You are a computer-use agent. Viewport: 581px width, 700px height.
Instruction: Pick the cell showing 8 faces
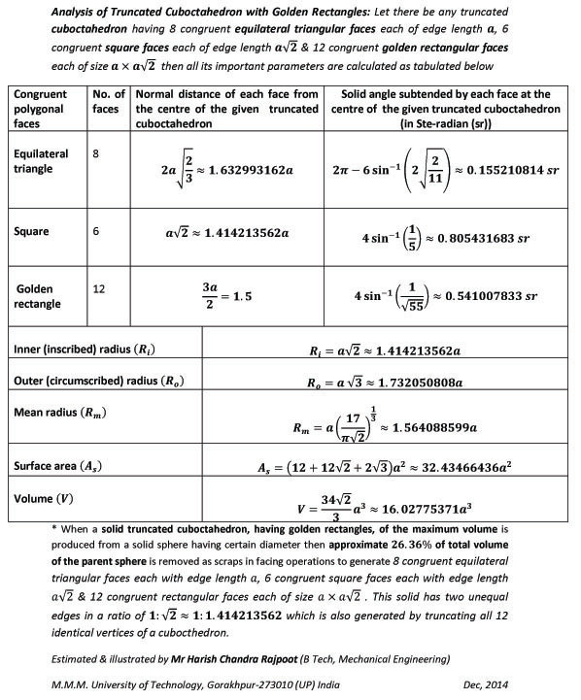click(x=93, y=153)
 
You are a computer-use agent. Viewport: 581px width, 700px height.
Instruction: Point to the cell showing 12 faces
click(x=96, y=288)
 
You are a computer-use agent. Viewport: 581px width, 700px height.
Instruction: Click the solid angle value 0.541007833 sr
click(x=492, y=297)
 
